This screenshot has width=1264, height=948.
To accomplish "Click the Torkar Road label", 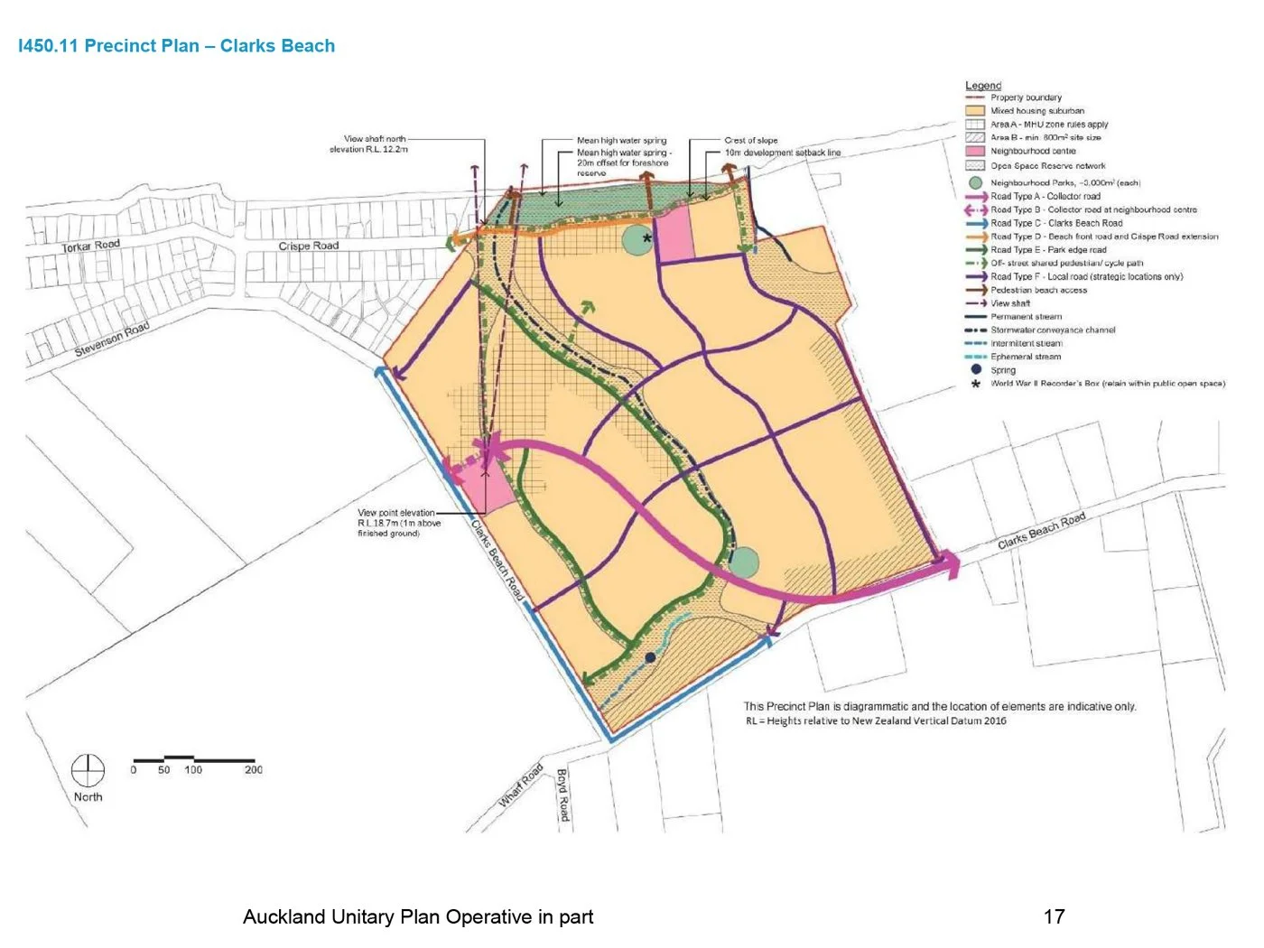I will pos(90,246).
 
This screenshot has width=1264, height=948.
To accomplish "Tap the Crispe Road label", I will pos(309,246).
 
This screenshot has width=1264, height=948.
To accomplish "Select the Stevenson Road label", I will pos(111,339).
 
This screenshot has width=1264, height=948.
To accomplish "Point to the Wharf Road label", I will pos(521,785).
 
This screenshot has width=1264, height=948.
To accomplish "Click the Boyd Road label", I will pos(562,795).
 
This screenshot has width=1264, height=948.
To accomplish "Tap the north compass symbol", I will pos(88,771).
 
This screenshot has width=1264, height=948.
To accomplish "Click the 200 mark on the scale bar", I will pos(254,770).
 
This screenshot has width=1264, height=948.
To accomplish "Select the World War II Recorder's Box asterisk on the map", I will pos(646,238).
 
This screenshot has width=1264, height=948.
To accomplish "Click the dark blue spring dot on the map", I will pos(650,657).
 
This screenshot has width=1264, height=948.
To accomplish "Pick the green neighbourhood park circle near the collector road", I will pos(743,562).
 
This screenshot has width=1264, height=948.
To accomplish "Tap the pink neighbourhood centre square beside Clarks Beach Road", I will pos(488,488).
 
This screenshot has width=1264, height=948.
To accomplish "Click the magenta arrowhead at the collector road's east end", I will pos(950,564).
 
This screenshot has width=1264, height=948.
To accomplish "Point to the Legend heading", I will pos(983,85).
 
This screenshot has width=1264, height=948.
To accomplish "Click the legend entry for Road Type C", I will pos(1056,223).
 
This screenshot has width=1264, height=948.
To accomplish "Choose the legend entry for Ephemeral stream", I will pos(1026,357).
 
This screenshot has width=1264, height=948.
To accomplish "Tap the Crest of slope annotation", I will pos(750,140).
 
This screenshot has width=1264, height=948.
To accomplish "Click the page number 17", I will pos(1054,917).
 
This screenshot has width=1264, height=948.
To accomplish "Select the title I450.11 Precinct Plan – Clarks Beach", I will pos(177,46).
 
